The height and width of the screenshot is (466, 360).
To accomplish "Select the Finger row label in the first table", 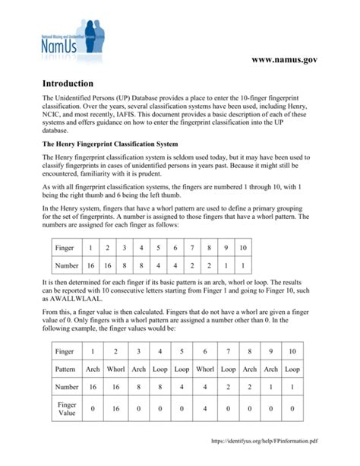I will (64, 248).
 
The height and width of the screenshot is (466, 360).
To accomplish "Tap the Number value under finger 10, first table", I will (242, 265).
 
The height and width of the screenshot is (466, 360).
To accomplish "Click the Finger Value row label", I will (67, 408).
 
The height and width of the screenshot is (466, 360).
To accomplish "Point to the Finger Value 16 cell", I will (115, 408).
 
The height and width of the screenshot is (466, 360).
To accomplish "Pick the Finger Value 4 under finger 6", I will (206, 408).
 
